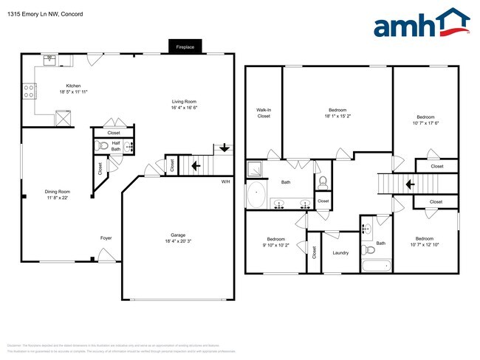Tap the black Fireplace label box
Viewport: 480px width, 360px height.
185,46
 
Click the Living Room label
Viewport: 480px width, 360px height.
184,103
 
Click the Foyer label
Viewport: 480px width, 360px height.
106,238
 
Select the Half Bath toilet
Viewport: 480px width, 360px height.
103,145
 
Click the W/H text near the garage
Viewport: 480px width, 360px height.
225,181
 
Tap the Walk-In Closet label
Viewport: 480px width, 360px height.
264,113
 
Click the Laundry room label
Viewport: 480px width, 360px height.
340,253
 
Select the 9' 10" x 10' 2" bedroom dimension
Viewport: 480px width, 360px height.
275,245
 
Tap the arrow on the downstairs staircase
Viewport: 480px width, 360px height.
195,166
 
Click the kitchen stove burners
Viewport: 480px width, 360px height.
30,91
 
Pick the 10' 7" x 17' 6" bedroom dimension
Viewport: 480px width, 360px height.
425,122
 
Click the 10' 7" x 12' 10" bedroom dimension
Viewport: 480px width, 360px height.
424,244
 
